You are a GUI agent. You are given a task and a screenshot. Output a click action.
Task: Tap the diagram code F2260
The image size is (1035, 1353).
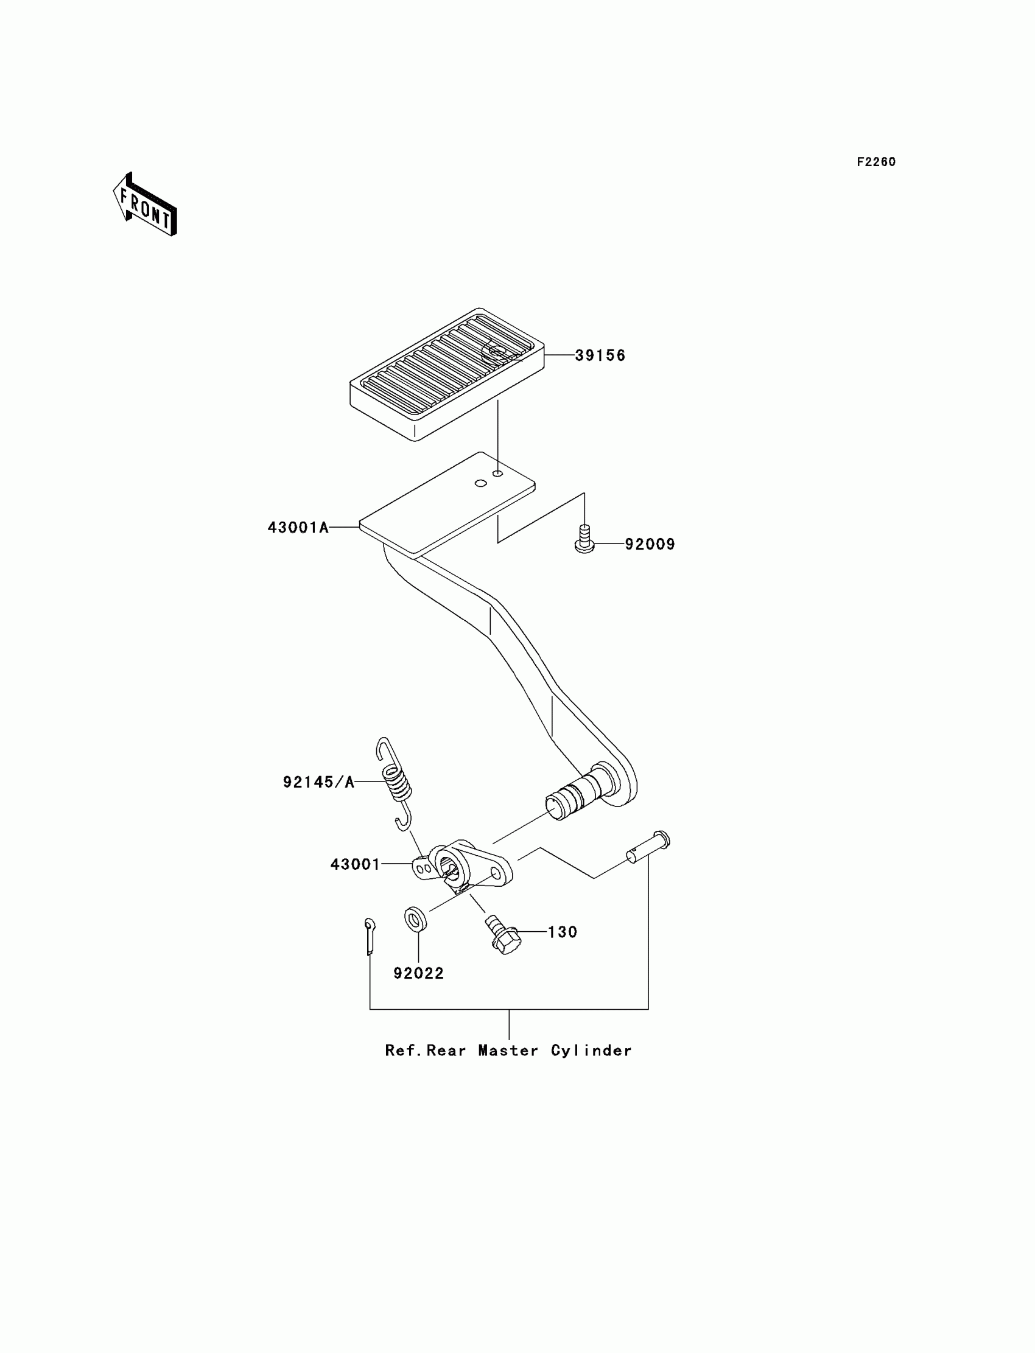(x=876, y=162)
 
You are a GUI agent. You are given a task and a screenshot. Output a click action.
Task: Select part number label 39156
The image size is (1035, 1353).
(x=600, y=355)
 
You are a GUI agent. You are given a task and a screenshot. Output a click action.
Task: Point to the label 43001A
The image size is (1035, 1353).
(x=298, y=527)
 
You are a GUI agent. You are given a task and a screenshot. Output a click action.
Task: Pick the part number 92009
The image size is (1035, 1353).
(x=650, y=544)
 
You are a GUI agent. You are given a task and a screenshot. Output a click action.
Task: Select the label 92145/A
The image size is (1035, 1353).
(x=318, y=782)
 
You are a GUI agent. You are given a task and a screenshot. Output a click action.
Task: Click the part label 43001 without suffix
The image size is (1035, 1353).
(x=356, y=864)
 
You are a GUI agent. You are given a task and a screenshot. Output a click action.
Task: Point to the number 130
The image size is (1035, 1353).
(x=563, y=932)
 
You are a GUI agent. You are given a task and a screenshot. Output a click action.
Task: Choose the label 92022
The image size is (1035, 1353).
(x=418, y=973)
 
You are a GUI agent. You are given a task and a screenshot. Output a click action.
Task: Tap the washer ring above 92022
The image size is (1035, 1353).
(x=416, y=919)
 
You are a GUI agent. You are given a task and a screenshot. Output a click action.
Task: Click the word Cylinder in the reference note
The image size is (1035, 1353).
(x=591, y=1051)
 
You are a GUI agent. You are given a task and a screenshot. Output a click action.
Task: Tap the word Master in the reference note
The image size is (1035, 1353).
(x=508, y=1051)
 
